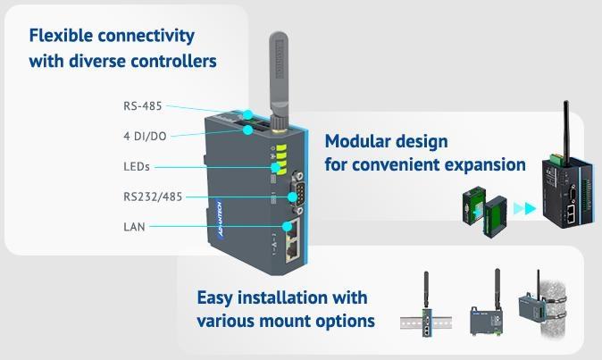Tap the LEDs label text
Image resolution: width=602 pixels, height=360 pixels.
137,166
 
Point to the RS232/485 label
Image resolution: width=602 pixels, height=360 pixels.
153,197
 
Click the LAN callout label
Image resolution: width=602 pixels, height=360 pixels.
134,227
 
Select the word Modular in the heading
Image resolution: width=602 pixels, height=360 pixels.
357,141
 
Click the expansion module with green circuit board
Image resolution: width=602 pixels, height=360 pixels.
483,213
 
